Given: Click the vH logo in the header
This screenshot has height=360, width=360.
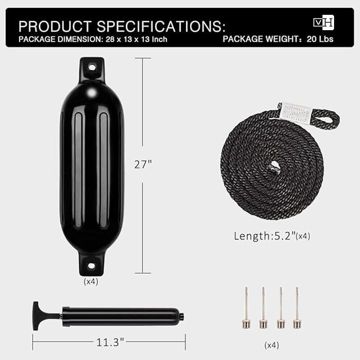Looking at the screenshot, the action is [323, 22].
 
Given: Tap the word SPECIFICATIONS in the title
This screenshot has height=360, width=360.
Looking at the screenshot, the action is [161, 26].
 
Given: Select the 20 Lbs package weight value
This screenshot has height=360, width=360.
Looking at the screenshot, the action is [320, 39].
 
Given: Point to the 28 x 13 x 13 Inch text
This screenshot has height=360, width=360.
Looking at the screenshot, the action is [137, 39].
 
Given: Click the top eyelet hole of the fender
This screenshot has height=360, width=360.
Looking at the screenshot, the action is [92, 68].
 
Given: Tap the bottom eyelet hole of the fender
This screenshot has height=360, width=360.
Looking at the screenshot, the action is [91, 266].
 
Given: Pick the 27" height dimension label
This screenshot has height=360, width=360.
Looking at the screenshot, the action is [143, 165].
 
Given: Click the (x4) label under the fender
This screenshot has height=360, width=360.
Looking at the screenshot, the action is [91, 282].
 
